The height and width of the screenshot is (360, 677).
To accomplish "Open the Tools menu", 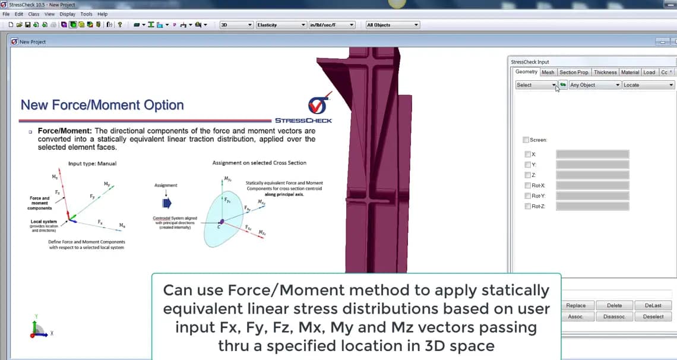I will (86, 14).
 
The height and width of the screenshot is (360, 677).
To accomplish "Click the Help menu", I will (102, 14).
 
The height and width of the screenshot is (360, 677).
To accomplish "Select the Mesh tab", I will (548, 72).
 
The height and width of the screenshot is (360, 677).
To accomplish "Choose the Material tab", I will (630, 72).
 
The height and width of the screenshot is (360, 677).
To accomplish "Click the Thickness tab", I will (605, 72).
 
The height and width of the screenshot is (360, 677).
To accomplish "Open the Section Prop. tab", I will (574, 72).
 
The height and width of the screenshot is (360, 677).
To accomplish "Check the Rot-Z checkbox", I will (528, 207).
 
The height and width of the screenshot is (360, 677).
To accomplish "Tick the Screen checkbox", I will (526, 140).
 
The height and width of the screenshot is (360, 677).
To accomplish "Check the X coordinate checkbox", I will (528, 154).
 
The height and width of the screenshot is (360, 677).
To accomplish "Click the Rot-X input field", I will (592, 186).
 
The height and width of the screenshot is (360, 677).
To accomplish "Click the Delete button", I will (615, 305).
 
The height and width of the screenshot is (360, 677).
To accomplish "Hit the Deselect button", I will (653, 317).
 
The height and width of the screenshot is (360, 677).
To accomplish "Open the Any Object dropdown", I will (594, 85).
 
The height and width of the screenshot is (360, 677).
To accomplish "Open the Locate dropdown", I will (648, 85).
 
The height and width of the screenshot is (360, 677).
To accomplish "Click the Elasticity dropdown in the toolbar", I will (281, 25).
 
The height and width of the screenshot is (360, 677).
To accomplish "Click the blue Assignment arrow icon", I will (166, 203).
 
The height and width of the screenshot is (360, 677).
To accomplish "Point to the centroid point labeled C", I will (221, 222).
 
